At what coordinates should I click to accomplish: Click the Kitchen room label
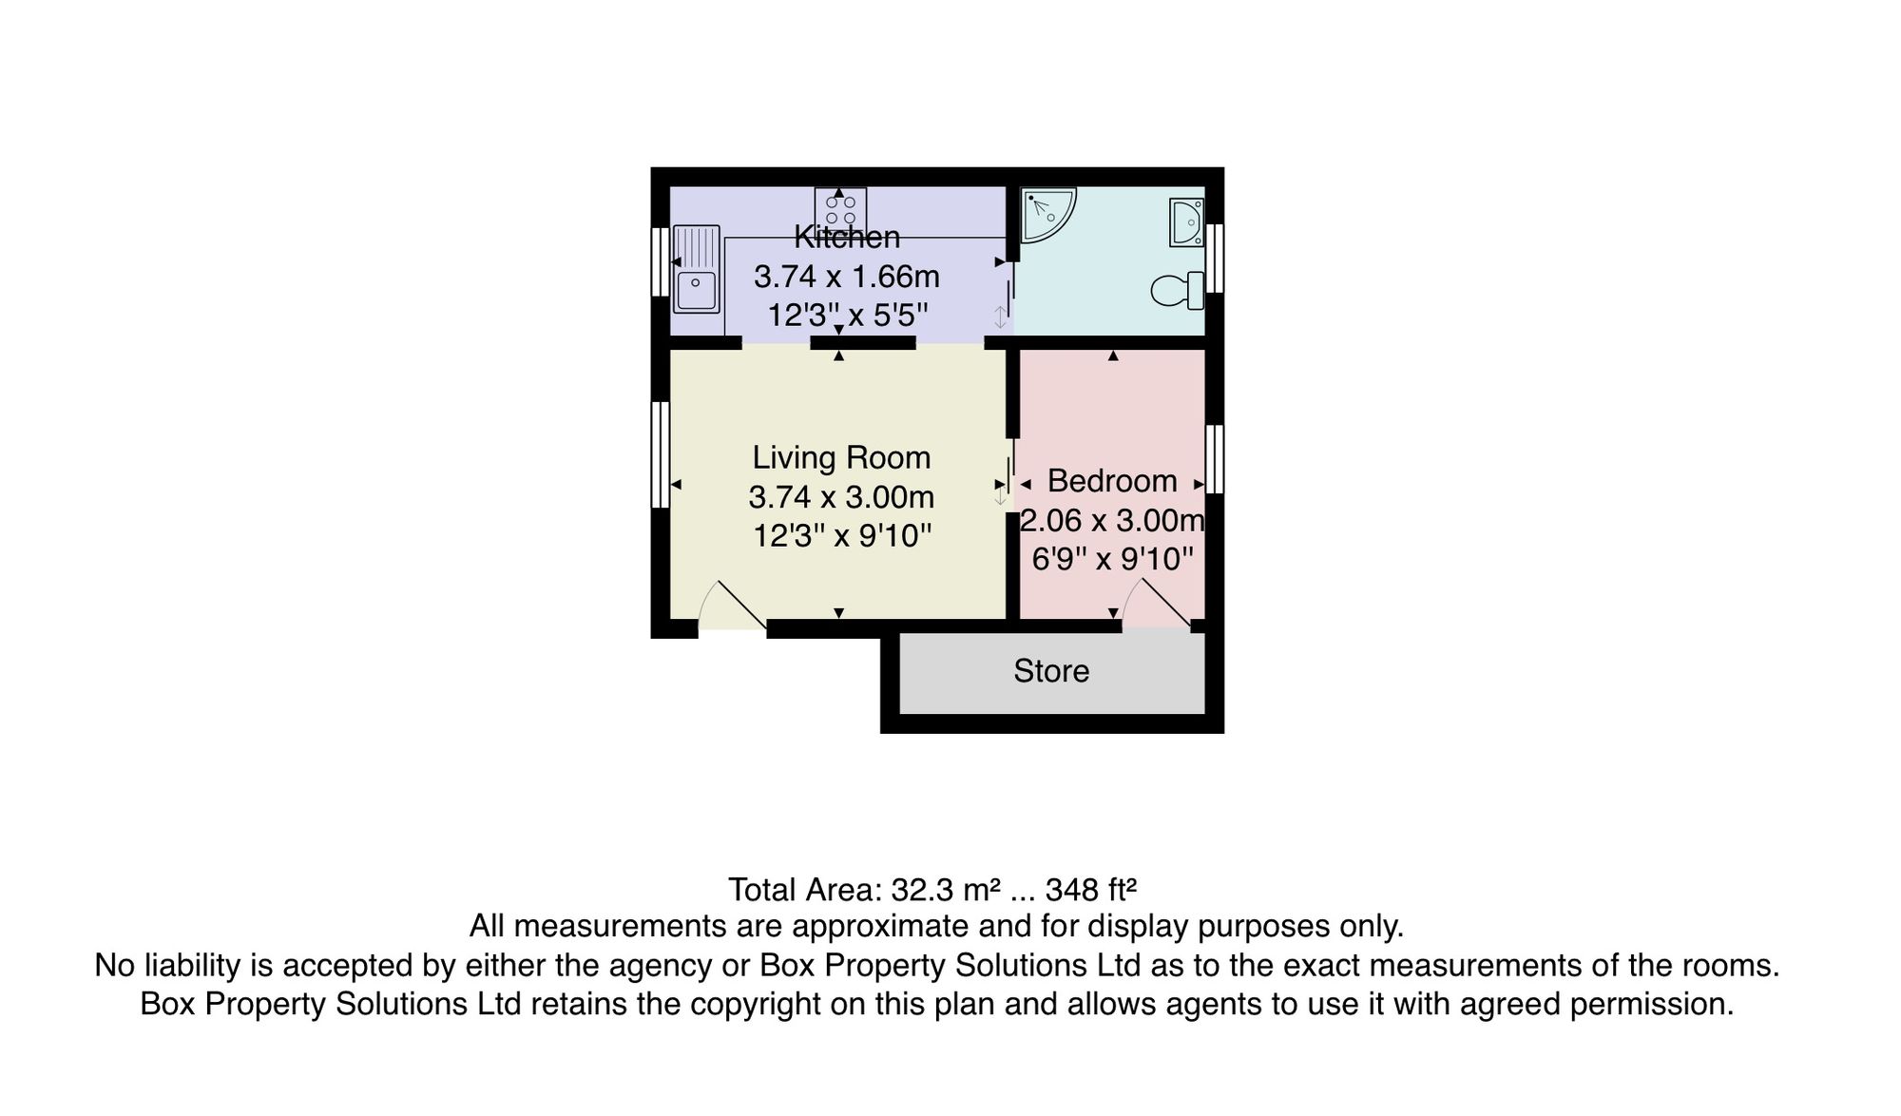tap(847, 237)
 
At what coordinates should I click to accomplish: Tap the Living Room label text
tap(841, 457)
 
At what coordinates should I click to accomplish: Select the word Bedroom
tap(1112, 481)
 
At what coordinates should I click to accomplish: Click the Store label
tap(1051, 671)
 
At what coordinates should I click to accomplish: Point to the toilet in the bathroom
tap(1178, 290)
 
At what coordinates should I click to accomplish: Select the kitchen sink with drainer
tap(696, 268)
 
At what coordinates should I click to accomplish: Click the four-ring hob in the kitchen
tap(840, 209)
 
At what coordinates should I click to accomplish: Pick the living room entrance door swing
tap(732, 606)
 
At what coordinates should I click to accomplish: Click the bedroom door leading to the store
tap(1157, 604)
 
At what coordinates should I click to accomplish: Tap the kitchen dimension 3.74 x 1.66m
tap(847, 277)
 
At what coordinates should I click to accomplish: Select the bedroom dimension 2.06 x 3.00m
tap(1112, 520)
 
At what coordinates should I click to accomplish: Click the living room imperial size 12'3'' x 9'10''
tap(842, 536)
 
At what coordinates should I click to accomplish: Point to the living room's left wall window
tap(660, 454)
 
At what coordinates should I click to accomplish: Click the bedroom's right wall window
tap(1215, 459)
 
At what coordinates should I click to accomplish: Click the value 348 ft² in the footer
tap(1091, 890)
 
